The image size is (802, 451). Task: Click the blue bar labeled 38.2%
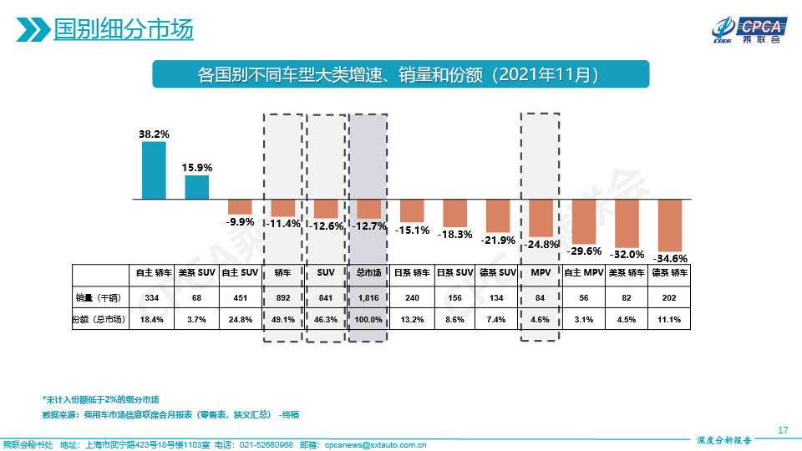pos(154,170)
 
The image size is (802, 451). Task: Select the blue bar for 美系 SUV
pos(197,187)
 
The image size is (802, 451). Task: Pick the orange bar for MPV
pos(540,218)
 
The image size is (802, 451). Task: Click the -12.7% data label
pos(368,225)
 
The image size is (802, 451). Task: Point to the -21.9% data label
pos(498,240)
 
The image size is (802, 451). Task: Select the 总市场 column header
pos(368,272)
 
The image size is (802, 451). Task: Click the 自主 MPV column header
pos(583,272)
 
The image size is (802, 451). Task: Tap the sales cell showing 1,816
pos(368,297)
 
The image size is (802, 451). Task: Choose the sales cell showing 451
pos(241,297)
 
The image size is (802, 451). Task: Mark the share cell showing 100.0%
pos(368,319)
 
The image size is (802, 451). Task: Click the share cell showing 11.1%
pos(670,319)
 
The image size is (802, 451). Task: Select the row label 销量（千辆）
pos(98,297)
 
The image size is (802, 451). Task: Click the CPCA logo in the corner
pos(746,29)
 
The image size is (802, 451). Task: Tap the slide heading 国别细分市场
pos(123,29)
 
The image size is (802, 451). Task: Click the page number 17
pos(783,430)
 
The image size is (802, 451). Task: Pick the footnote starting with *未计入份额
pos(100,399)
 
